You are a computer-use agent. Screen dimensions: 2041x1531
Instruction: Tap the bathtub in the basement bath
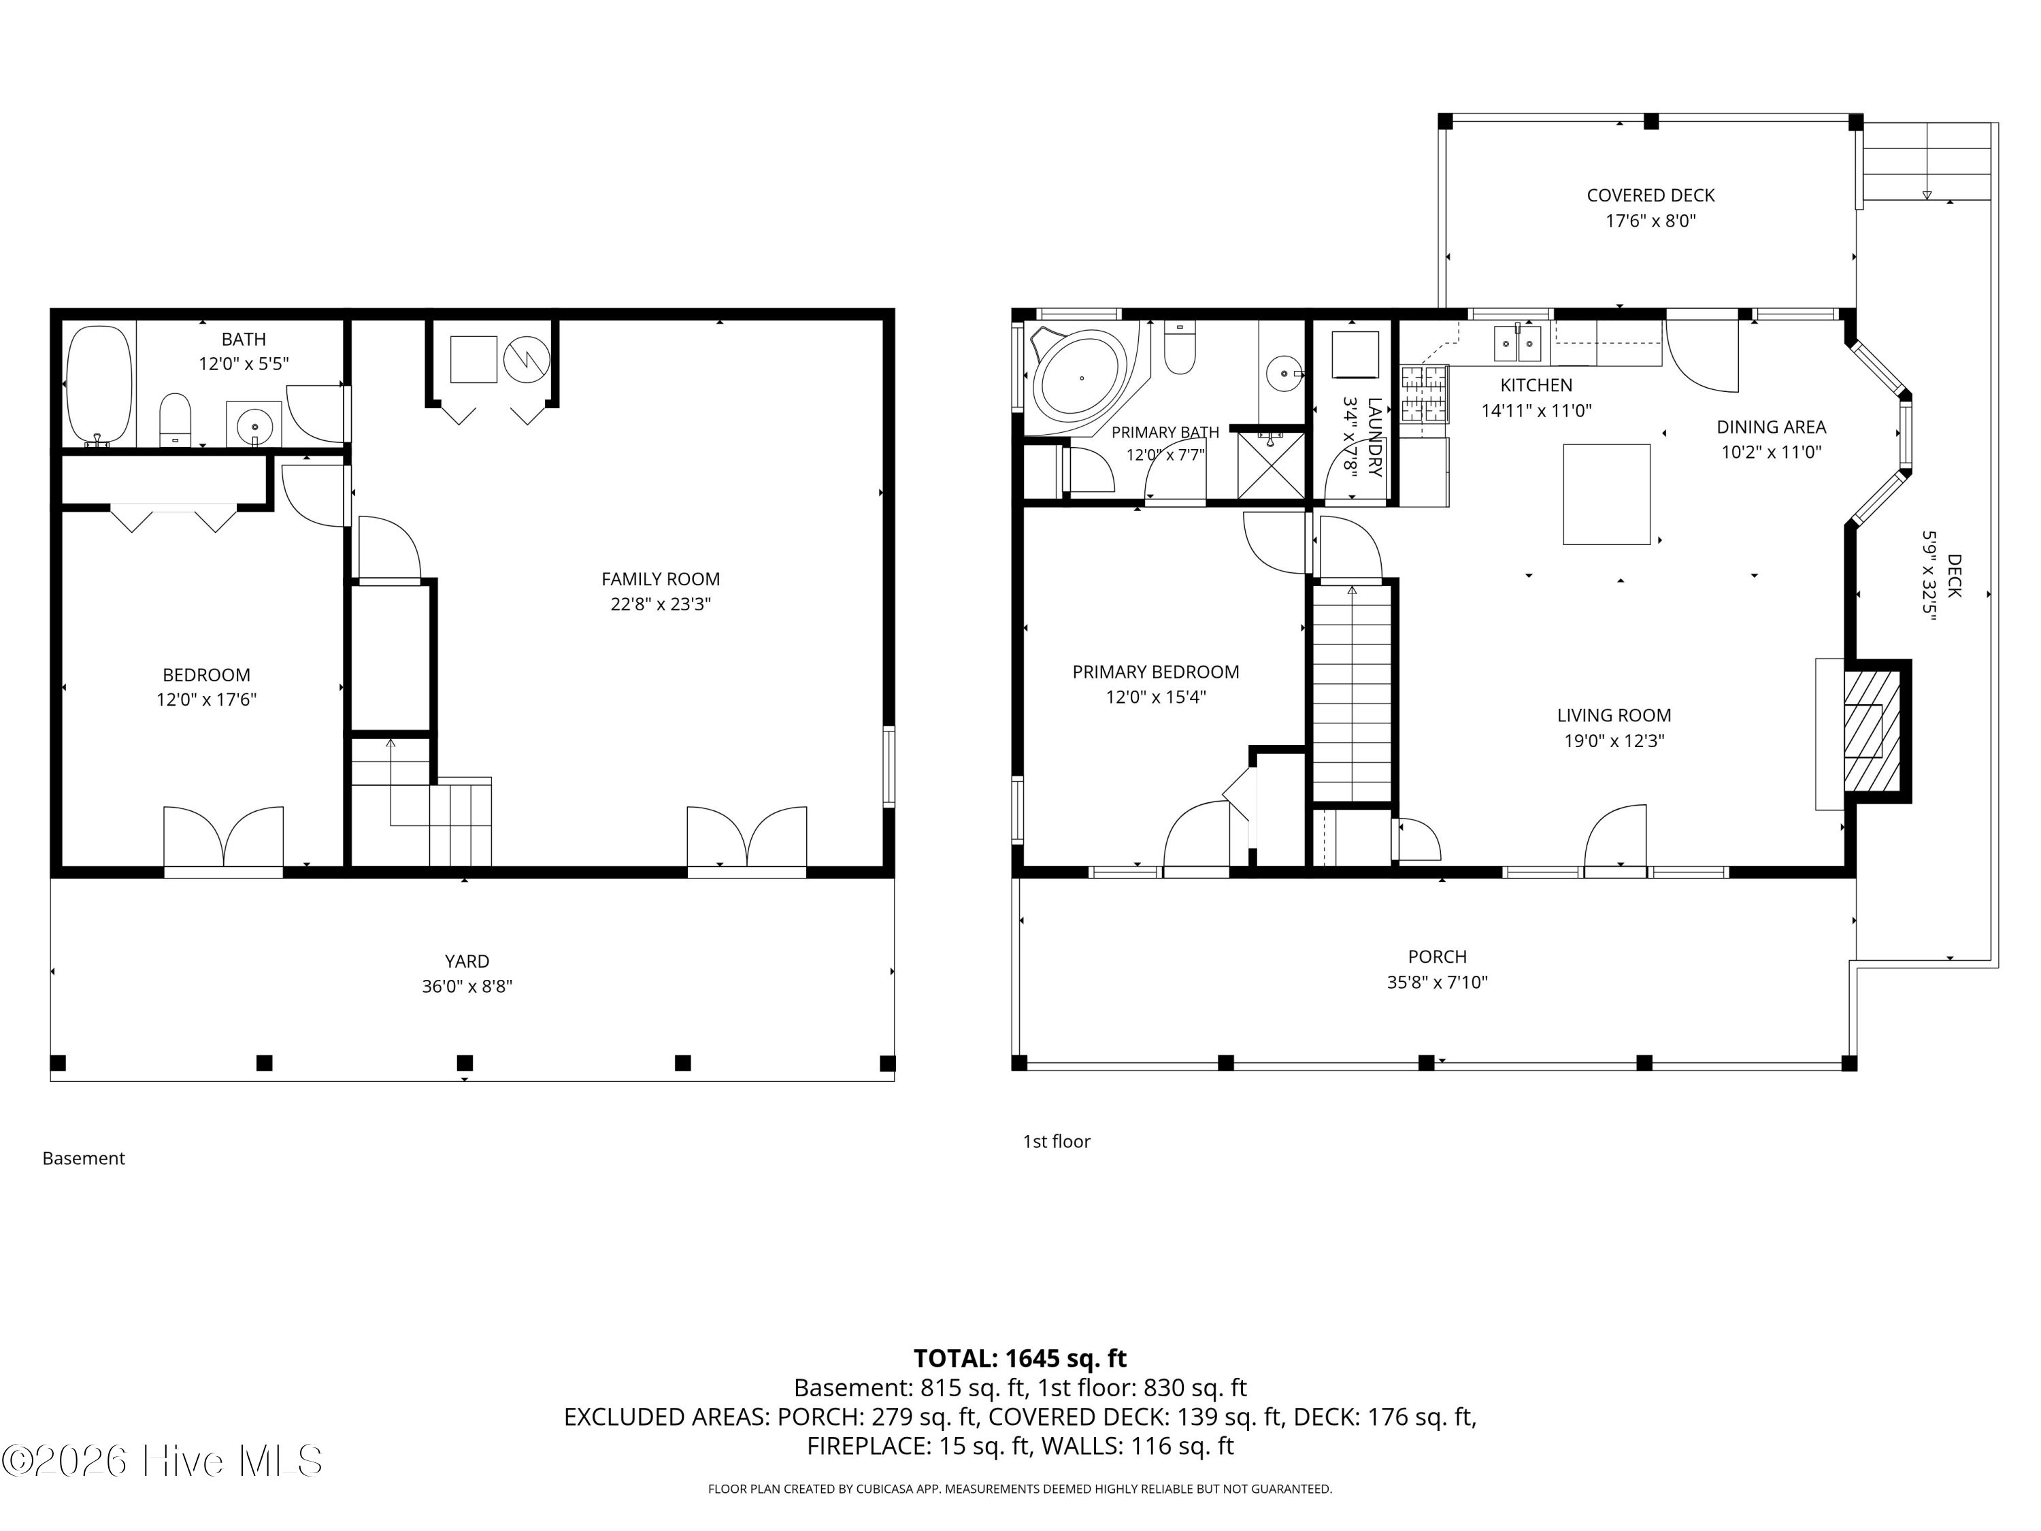click(99, 384)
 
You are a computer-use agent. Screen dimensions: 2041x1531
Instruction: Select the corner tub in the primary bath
click(1078, 379)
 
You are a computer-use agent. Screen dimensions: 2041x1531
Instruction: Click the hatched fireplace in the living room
click(1871, 730)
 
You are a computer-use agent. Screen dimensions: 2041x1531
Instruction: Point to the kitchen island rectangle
click(1606, 495)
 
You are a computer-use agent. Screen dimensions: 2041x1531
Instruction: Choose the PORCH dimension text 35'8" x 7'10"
click(1438, 983)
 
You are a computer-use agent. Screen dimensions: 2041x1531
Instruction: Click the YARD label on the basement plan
click(467, 961)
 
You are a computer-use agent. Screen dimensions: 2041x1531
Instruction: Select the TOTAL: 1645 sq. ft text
click(1020, 1358)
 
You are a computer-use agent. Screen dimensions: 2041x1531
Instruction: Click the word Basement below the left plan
click(84, 1158)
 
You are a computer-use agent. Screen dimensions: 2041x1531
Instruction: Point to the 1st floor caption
click(1057, 1142)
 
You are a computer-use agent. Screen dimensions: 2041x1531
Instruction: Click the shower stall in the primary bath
click(1271, 465)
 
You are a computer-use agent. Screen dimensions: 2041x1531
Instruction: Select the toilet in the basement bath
click(176, 420)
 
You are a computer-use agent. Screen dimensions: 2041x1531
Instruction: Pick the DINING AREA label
click(1772, 427)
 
